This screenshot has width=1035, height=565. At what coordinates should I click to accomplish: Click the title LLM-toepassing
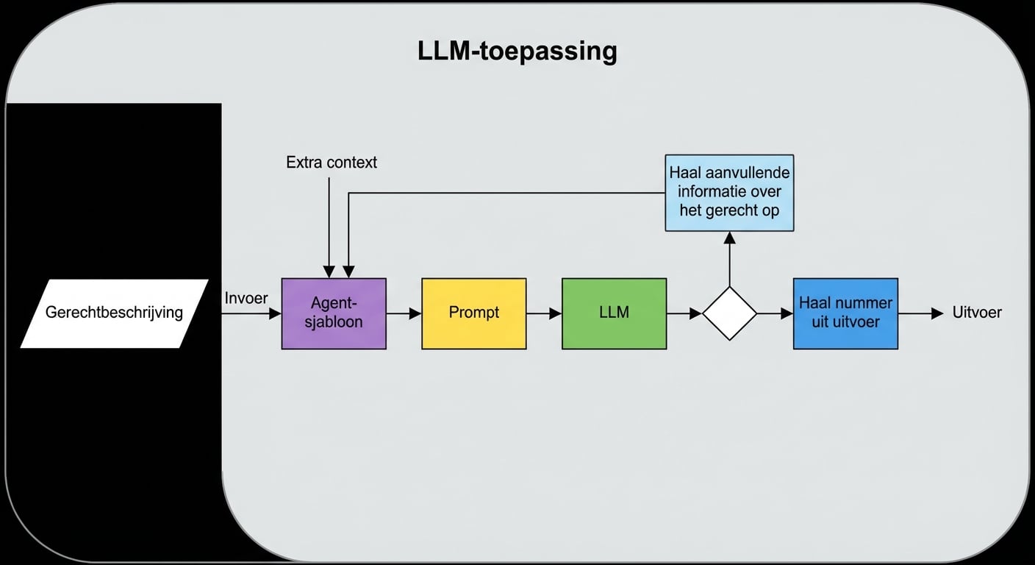(517, 51)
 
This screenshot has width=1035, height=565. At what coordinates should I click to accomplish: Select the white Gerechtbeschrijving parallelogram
(114, 313)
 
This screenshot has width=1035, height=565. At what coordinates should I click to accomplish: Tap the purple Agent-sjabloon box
(334, 313)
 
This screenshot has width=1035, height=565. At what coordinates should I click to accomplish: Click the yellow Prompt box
(474, 313)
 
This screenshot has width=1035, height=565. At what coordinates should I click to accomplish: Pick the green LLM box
(615, 313)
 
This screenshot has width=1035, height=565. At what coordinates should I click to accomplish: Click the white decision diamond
(729, 313)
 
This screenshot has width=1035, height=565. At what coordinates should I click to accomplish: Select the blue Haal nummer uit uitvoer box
(845, 313)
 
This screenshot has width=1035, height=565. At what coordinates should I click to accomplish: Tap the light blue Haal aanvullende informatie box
(729, 193)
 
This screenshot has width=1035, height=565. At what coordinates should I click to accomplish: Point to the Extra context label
(332, 163)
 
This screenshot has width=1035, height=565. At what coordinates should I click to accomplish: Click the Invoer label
(246, 298)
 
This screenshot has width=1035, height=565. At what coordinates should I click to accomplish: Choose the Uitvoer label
(977, 313)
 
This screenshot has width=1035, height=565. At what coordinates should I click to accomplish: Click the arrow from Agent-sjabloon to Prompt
(404, 313)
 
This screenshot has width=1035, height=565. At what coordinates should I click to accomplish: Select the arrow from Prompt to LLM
(544, 313)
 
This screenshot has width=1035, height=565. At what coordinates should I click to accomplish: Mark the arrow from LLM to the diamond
(684, 313)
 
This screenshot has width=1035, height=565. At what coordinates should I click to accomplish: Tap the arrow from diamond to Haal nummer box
(775, 313)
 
